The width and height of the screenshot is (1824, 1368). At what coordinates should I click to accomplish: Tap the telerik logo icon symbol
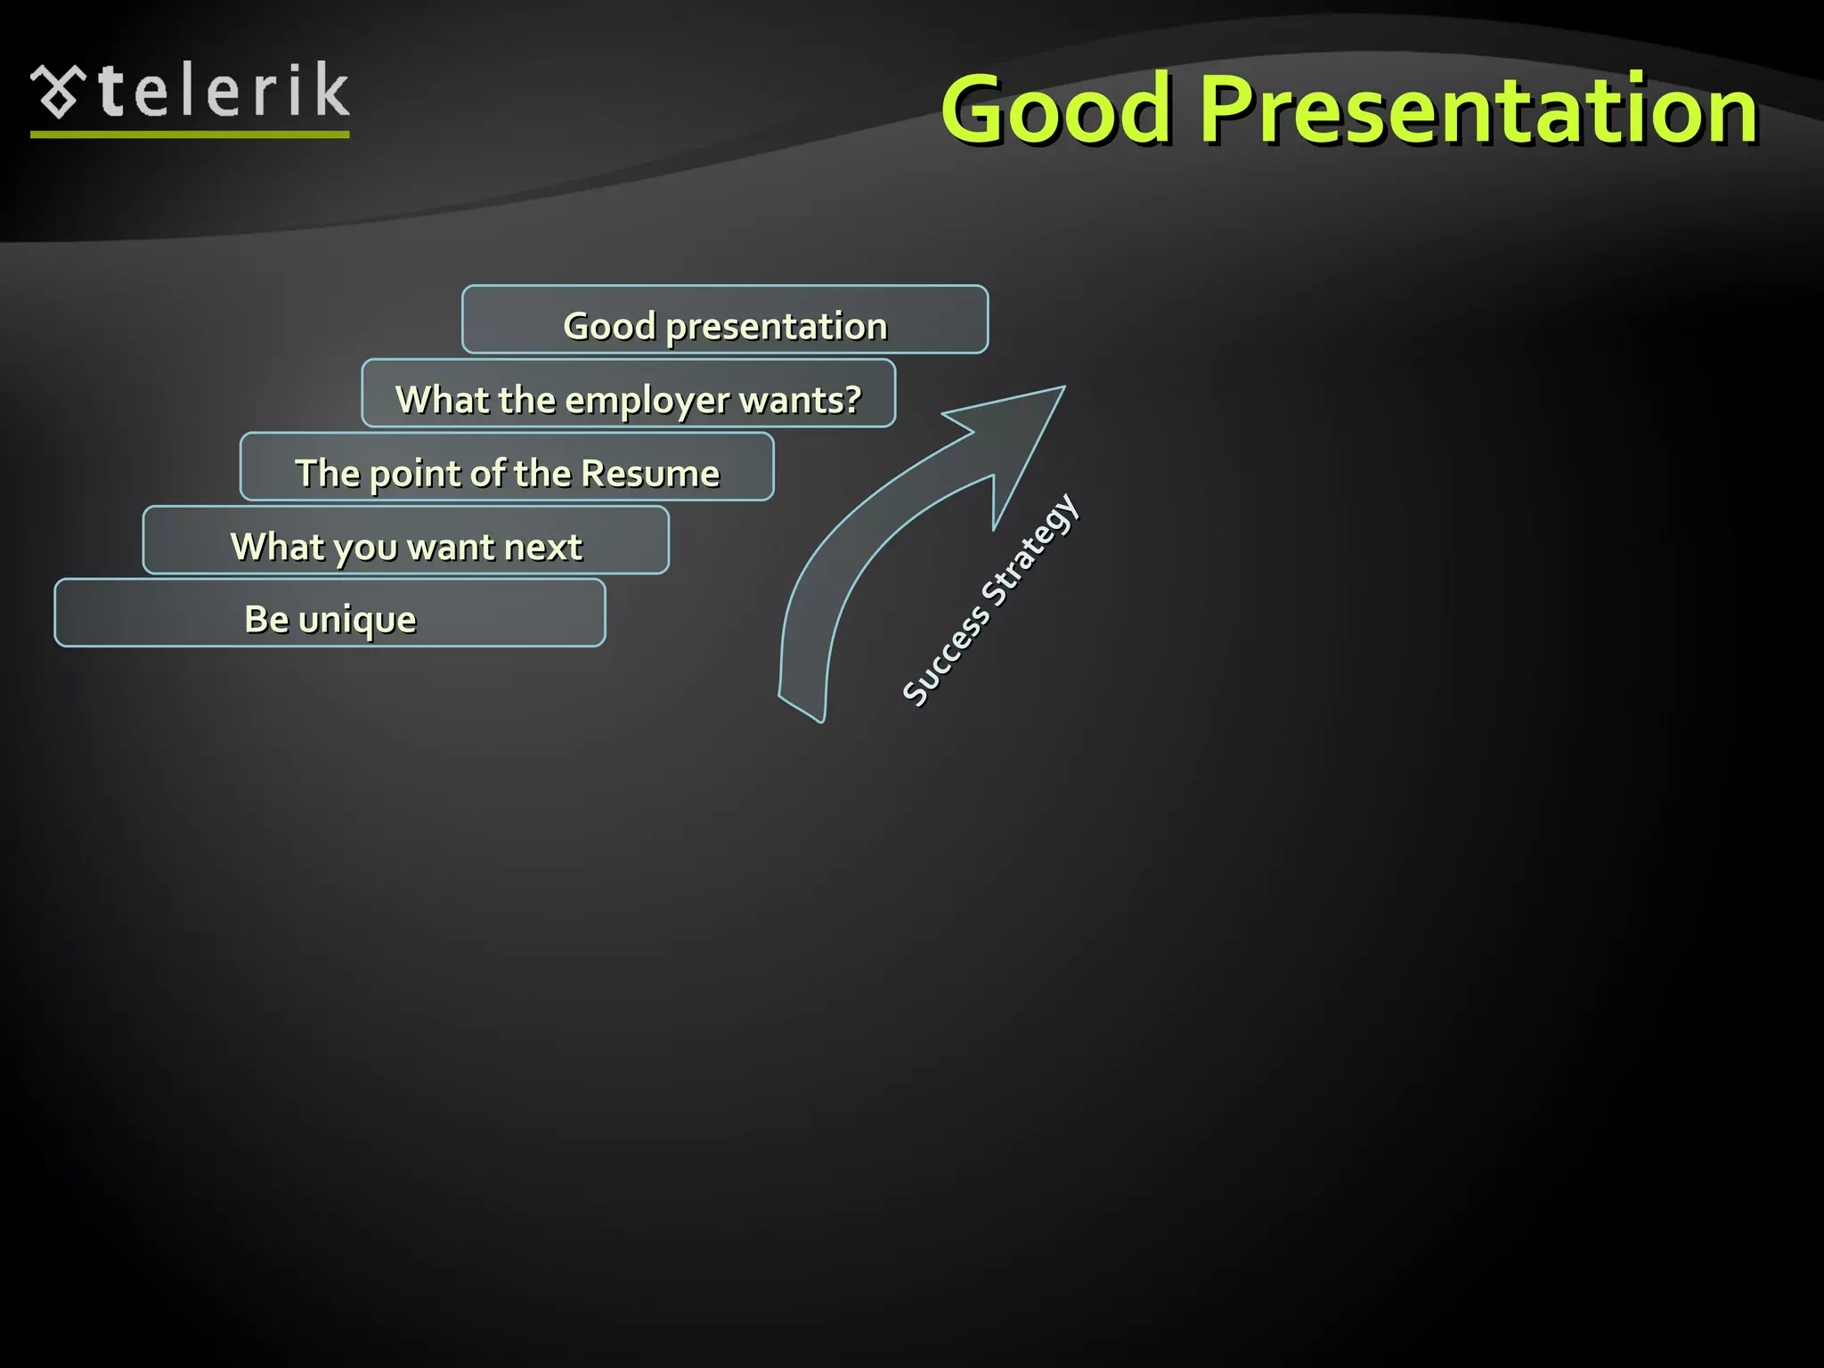[58, 91]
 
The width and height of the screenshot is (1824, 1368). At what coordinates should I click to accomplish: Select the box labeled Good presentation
[724, 320]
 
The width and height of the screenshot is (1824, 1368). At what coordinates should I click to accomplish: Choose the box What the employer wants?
[628, 394]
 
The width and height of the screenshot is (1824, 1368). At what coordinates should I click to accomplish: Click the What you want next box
[406, 541]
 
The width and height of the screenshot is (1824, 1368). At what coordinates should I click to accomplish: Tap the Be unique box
[330, 614]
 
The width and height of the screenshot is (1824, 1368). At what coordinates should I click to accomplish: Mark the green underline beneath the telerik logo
[190, 134]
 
